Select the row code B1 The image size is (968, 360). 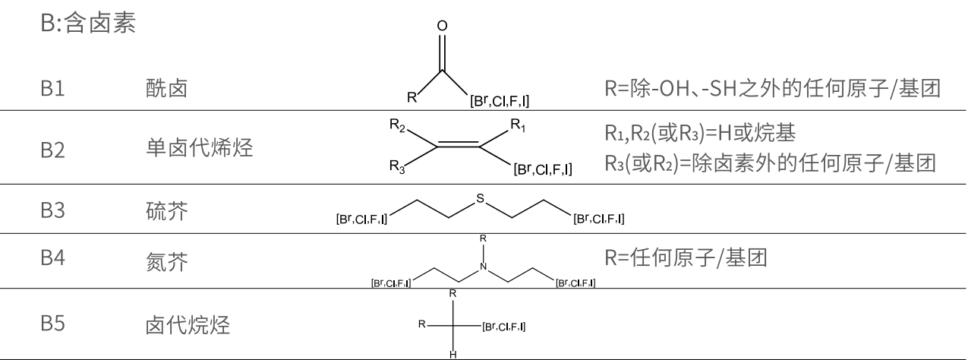click(x=53, y=90)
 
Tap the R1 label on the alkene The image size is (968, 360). click(x=516, y=124)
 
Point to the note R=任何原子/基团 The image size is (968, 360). click(x=686, y=257)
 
